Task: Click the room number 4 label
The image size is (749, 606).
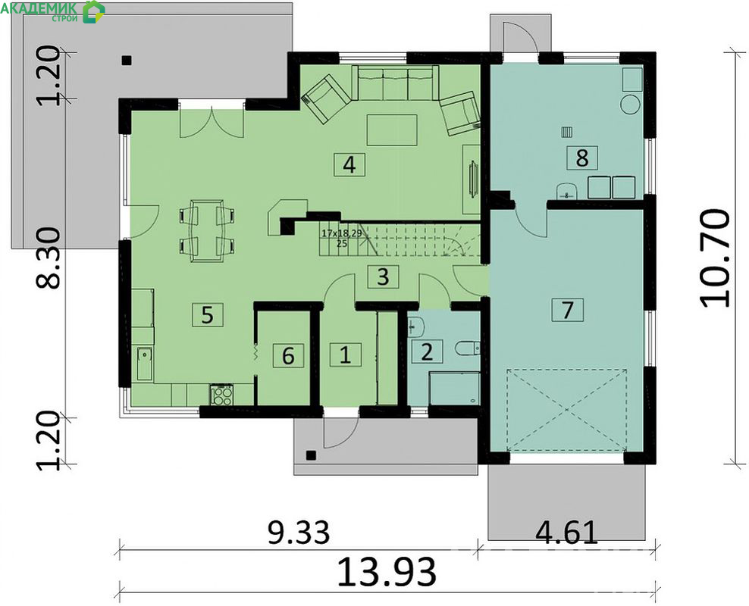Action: click(x=349, y=164)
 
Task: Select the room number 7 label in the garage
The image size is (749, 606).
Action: click(x=567, y=310)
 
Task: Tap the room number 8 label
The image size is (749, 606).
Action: click(x=581, y=158)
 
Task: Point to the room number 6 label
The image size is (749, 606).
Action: click(x=288, y=355)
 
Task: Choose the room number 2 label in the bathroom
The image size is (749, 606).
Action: click(x=427, y=351)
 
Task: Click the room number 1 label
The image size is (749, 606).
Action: click(x=345, y=355)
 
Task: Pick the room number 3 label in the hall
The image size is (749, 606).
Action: click(x=383, y=276)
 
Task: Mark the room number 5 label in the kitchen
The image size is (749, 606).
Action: click(x=207, y=315)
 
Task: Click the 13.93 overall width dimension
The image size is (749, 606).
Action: click(x=387, y=571)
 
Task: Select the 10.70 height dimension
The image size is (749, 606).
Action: click(x=715, y=258)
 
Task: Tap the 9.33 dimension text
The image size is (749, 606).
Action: click(x=299, y=533)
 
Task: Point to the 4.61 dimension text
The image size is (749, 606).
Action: click(x=566, y=533)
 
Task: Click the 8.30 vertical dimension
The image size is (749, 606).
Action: click(x=49, y=258)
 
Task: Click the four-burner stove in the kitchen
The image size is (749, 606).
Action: click(x=221, y=395)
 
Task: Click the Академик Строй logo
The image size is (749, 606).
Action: click(x=52, y=11)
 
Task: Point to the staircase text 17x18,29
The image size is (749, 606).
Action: click(x=342, y=233)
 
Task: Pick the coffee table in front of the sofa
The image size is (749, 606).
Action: click(x=392, y=130)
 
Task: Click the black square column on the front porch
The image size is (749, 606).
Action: click(x=311, y=454)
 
